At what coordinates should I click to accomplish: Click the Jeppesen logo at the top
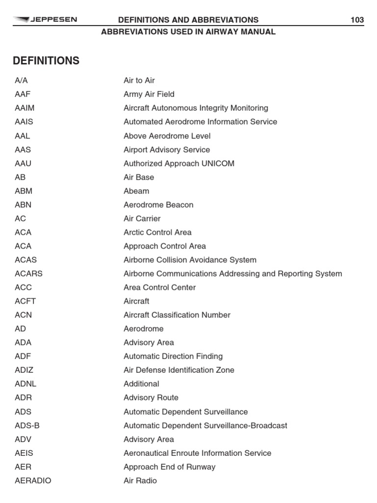(x=45, y=20)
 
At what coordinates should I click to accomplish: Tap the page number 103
(x=357, y=20)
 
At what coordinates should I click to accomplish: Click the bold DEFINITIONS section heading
(x=46, y=61)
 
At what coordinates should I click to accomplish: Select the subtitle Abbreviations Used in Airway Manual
(x=188, y=32)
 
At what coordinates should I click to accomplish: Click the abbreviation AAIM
(x=25, y=108)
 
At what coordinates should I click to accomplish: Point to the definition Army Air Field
(x=149, y=94)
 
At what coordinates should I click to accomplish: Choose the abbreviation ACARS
(x=28, y=274)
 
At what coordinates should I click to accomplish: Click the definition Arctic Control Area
(x=158, y=232)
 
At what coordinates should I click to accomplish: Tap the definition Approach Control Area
(x=164, y=246)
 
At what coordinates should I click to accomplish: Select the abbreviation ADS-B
(x=27, y=425)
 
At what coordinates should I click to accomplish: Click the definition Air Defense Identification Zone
(x=179, y=370)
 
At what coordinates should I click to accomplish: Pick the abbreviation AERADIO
(x=33, y=480)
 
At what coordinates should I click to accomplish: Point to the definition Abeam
(x=136, y=191)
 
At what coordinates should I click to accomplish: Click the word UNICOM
(x=218, y=164)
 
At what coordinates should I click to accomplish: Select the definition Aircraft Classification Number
(x=177, y=315)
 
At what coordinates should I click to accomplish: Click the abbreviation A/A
(x=21, y=81)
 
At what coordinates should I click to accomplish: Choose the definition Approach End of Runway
(x=169, y=467)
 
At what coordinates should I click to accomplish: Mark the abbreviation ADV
(x=23, y=439)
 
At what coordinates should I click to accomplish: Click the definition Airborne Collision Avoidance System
(x=189, y=260)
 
